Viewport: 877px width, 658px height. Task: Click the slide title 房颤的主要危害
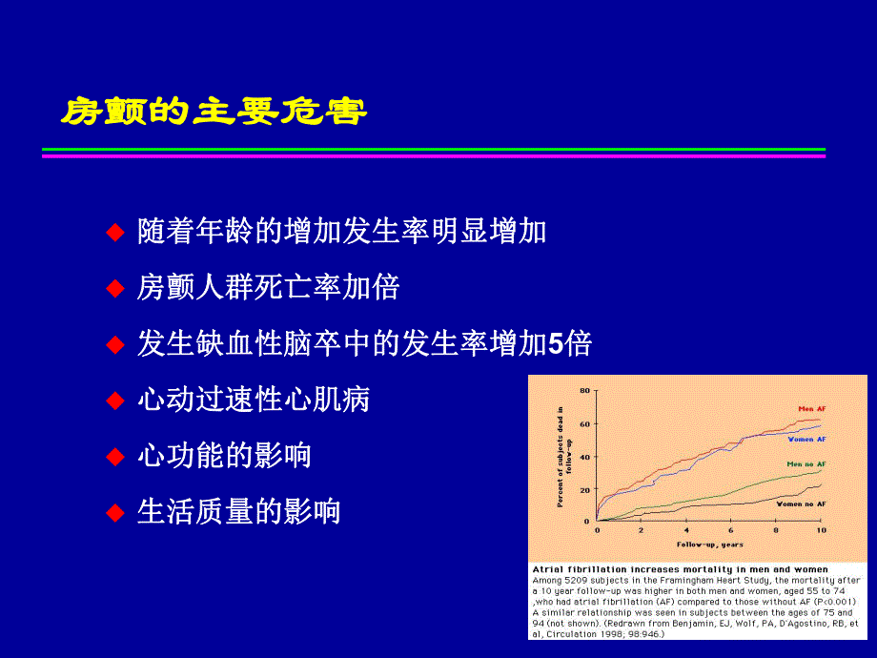tap(214, 112)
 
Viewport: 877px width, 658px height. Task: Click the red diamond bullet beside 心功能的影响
tap(115, 456)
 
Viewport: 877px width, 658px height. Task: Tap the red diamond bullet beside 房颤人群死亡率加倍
tap(115, 287)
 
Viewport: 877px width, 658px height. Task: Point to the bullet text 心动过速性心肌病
tap(254, 400)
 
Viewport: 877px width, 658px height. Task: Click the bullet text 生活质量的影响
tap(238, 512)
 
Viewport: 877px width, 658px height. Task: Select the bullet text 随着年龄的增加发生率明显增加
tap(342, 231)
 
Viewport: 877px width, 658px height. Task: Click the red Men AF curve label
tap(812, 408)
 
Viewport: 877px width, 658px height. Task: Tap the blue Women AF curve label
tap(807, 439)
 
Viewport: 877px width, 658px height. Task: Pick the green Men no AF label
tap(806, 463)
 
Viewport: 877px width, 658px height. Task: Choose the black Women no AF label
tap(801, 503)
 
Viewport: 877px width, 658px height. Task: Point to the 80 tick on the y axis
tap(586, 390)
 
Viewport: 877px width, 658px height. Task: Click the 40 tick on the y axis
tap(586, 456)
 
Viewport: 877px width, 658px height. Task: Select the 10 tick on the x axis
tap(820, 529)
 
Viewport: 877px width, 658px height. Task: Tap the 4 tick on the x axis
tap(686, 529)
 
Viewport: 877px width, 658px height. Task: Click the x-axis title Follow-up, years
tap(710, 545)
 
